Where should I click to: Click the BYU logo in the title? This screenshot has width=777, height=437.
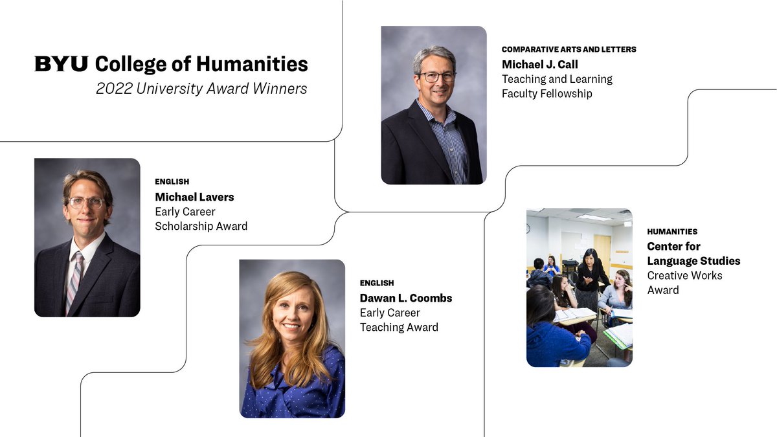[x=62, y=64]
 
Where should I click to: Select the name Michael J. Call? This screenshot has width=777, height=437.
[x=540, y=65]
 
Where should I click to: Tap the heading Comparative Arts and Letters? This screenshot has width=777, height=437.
[x=569, y=49]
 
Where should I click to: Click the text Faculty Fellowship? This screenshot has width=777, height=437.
[x=546, y=94]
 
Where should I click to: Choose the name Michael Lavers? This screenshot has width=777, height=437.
[x=194, y=197]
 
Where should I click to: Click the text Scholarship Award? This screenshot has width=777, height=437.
[x=201, y=227]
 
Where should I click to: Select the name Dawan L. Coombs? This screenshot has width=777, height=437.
[x=406, y=298]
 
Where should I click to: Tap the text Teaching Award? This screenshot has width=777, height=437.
[x=399, y=328]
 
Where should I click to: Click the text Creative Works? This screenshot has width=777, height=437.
[x=684, y=276]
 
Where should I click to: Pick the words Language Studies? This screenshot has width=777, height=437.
[x=693, y=261]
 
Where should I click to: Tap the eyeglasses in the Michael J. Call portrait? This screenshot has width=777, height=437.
[x=436, y=76]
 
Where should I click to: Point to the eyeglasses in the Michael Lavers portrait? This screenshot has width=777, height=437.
[x=87, y=203]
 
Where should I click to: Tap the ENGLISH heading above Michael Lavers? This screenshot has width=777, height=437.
[x=172, y=182]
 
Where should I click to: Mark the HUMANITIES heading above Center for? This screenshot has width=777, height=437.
[x=672, y=232]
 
